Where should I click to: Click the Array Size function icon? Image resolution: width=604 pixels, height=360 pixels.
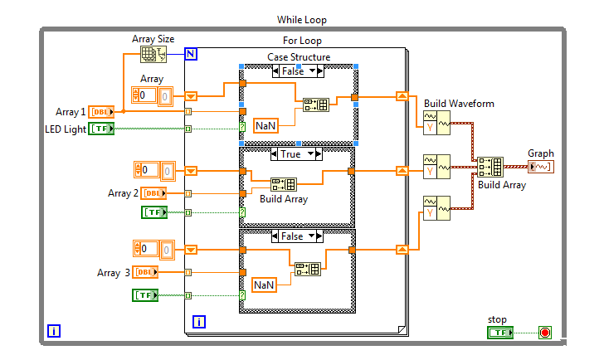click(x=153, y=54)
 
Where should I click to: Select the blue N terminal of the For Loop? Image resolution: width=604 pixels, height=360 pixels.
click(x=191, y=54)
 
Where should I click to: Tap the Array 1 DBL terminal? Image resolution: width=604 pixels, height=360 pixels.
click(x=101, y=112)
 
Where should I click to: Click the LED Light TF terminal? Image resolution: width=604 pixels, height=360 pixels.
click(x=101, y=129)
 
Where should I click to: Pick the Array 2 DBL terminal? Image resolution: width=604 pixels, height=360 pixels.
click(x=153, y=193)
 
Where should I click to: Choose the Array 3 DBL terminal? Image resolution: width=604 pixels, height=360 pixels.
click(x=145, y=272)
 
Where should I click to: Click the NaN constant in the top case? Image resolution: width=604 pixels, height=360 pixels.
click(x=265, y=126)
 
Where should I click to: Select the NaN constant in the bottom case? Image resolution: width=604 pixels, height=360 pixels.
click(x=264, y=285)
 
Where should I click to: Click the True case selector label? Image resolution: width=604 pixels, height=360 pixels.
click(x=291, y=154)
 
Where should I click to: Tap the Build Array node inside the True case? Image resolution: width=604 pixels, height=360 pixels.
click(x=284, y=184)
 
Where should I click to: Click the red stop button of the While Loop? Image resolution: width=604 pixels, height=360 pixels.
click(x=544, y=333)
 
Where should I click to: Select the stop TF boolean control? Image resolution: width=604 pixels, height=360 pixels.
click(x=500, y=333)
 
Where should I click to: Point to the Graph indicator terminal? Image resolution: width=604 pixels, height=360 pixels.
click(x=541, y=167)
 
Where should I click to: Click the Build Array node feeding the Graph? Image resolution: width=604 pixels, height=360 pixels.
click(x=490, y=167)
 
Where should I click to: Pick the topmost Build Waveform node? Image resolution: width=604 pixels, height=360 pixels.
click(x=436, y=123)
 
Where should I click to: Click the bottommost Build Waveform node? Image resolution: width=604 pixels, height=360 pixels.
click(x=436, y=208)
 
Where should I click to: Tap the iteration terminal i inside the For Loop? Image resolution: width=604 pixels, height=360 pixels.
click(x=199, y=322)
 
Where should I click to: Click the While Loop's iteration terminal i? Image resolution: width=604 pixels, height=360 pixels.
click(x=54, y=331)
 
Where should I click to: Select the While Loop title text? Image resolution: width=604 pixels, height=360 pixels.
click(x=302, y=20)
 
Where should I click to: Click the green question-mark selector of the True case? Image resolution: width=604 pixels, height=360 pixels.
click(x=242, y=212)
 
